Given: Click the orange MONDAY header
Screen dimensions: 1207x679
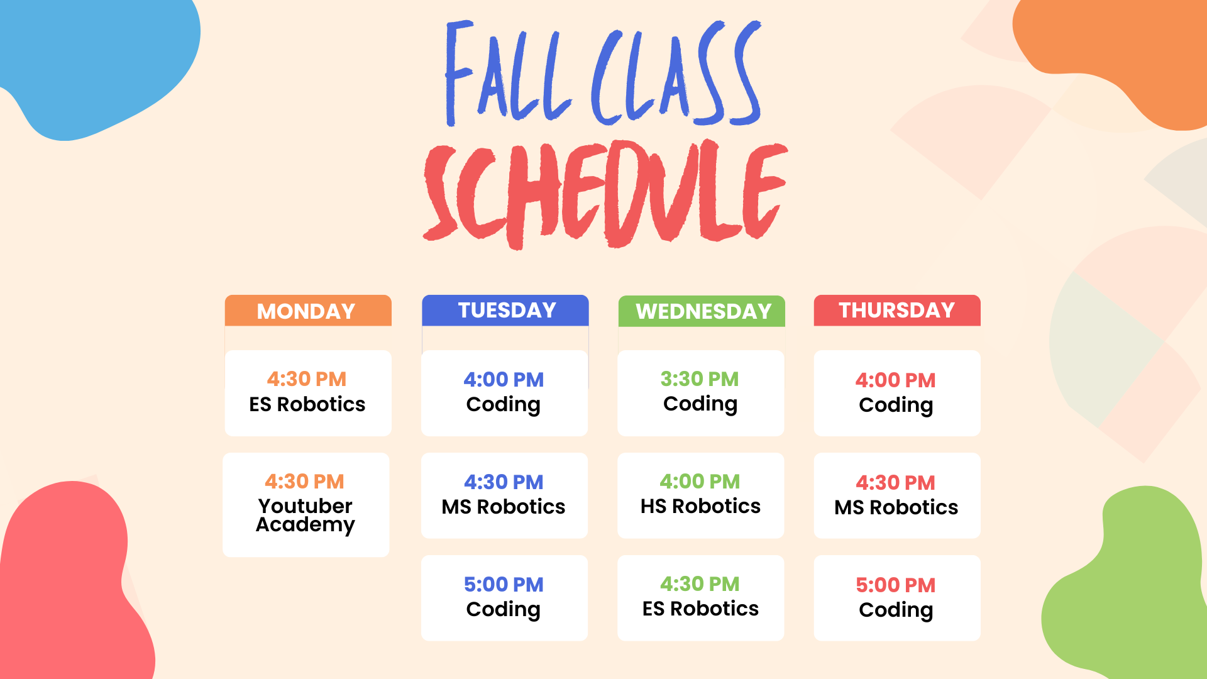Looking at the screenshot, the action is coord(308,311).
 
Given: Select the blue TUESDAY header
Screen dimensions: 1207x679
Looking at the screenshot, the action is coord(505,311).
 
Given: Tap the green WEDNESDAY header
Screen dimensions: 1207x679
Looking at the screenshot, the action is coord(702,311).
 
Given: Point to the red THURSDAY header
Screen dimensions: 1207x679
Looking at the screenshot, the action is coord(897,311).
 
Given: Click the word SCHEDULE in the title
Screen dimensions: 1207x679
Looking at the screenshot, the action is coord(605,194).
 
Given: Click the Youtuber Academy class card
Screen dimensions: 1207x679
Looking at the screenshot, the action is coord(306,505).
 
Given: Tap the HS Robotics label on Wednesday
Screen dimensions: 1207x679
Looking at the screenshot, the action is coord(700,506).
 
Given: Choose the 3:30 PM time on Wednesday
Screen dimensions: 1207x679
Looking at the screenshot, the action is coord(700,379).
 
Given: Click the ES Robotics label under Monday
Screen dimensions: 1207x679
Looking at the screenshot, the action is coord(307,404).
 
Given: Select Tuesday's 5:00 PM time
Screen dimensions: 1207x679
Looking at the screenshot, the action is coord(504,585).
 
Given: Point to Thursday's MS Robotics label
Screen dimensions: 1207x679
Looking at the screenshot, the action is coord(896,507).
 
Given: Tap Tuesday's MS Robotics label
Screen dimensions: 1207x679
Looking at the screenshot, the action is coord(504,507).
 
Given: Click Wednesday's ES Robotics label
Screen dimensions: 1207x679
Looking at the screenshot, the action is coord(700,609).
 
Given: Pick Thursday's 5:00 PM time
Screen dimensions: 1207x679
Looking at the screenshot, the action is coord(896,585).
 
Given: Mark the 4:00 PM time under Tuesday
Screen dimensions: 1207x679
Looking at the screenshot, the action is coord(504,380).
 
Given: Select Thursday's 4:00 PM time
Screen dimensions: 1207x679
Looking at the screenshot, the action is coord(896,380).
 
